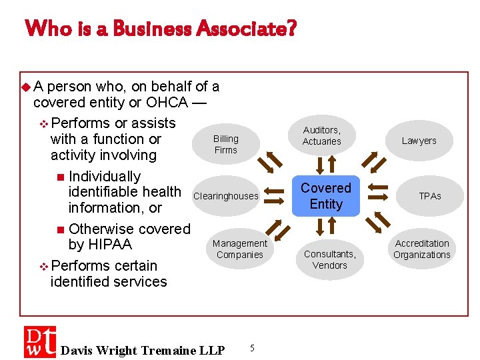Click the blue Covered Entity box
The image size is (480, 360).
click(326, 197)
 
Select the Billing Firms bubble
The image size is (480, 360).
click(225, 144)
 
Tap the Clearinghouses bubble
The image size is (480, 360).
click(225, 196)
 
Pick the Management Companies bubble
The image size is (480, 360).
click(240, 249)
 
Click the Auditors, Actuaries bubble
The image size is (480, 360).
click(321, 135)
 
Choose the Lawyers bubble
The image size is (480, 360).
click(419, 141)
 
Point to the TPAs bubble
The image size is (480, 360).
click(430, 196)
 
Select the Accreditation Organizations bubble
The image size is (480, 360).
click(422, 249)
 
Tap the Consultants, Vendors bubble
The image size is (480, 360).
click(330, 259)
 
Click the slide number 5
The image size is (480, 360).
click(251, 347)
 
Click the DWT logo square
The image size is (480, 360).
click(40, 342)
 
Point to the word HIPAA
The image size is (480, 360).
click(100, 245)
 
